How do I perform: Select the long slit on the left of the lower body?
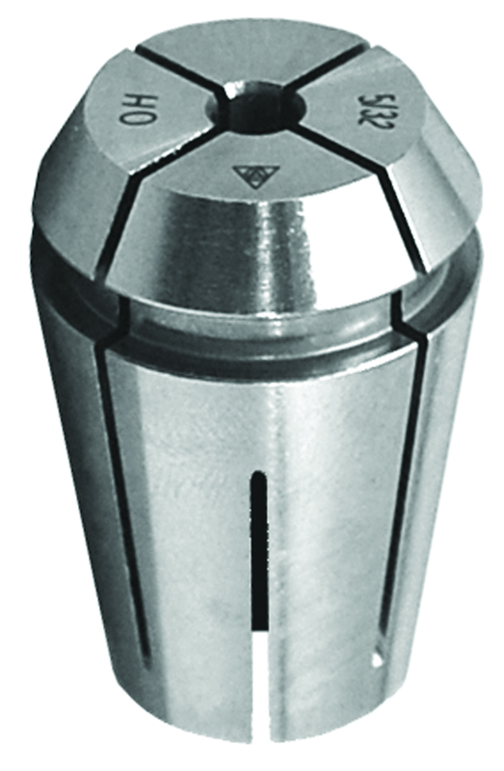click(x=119, y=501)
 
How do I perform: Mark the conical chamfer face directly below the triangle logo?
click(x=260, y=241)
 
